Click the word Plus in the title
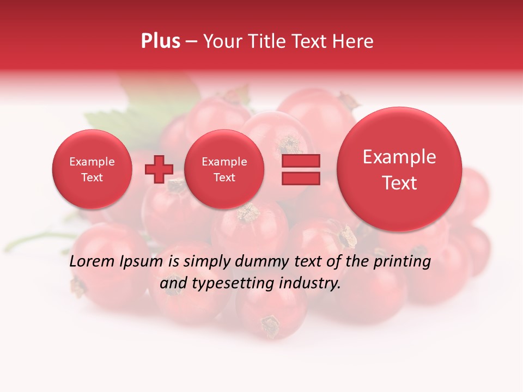(161, 41)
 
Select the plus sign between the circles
(159, 169)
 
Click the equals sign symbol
(301, 169)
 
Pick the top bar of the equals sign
(301, 161)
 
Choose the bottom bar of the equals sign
(301, 179)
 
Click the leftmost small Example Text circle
(92, 169)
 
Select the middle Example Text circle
(224, 169)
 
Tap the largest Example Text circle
(399, 169)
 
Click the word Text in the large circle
(399, 183)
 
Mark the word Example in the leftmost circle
(92, 162)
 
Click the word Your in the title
(220, 41)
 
